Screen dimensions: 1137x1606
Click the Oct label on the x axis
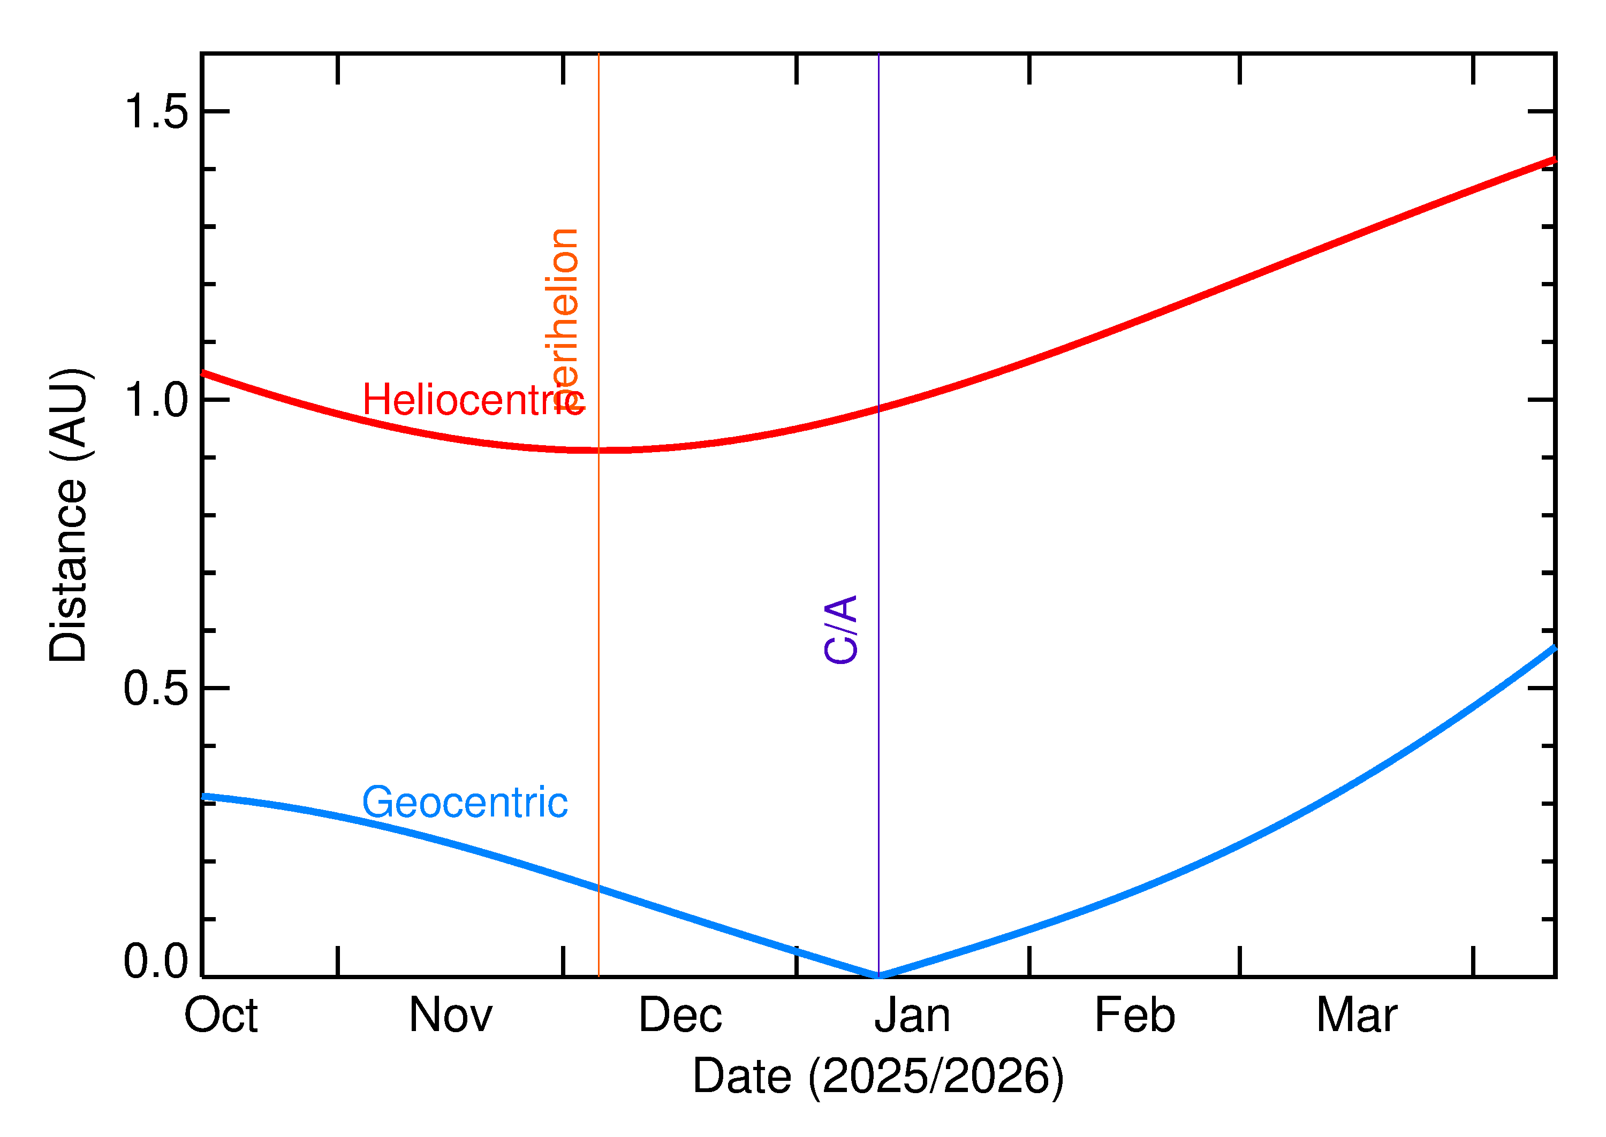pos(221,1016)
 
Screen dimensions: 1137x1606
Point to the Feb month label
pos(1134,1016)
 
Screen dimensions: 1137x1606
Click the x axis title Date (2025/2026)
pos(877,1076)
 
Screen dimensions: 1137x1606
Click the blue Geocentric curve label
pos(464,803)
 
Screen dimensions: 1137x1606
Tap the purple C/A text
pos(841,629)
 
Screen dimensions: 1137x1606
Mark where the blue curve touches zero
pos(878,976)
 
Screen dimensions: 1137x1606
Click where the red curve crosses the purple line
pos(878,409)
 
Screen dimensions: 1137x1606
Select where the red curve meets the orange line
pos(599,450)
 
